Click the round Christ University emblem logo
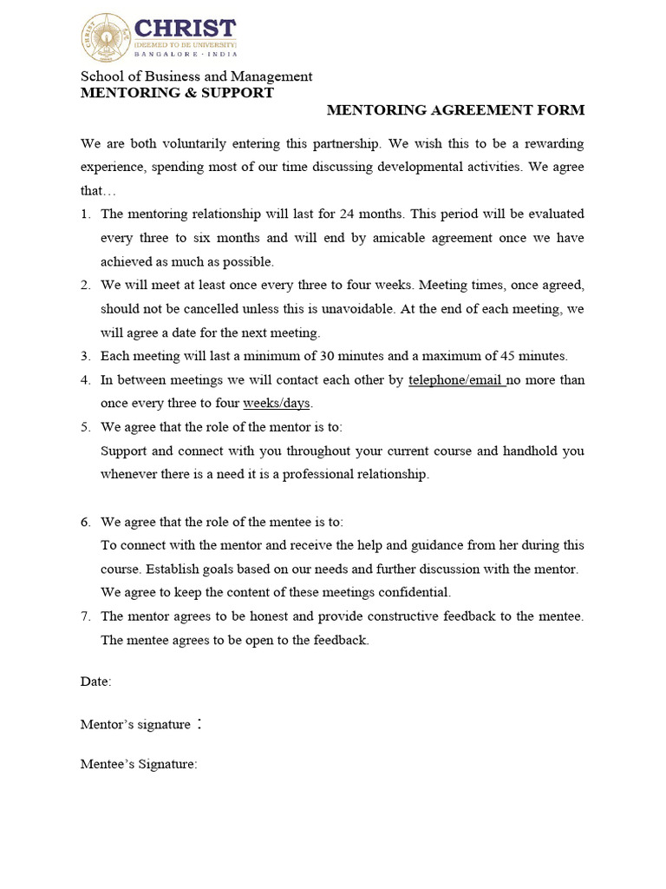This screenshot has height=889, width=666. pyautogui.click(x=101, y=36)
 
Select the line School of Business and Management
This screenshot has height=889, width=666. pyautogui.click(x=196, y=76)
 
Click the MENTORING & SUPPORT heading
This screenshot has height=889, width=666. pyautogui.click(x=177, y=93)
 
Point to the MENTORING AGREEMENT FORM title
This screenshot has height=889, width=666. pyautogui.click(x=455, y=110)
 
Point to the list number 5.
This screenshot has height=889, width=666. pyautogui.click(x=85, y=427)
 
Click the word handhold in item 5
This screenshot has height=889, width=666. pyautogui.click(x=532, y=451)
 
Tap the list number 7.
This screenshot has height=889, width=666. pyautogui.click(x=85, y=616)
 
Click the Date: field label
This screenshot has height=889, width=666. pyautogui.click(x=96, y=682)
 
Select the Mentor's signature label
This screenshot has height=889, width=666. pyautogui.click(x=135, y=724)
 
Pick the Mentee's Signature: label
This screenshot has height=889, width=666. pyautogui.click(x=139, y=765)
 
